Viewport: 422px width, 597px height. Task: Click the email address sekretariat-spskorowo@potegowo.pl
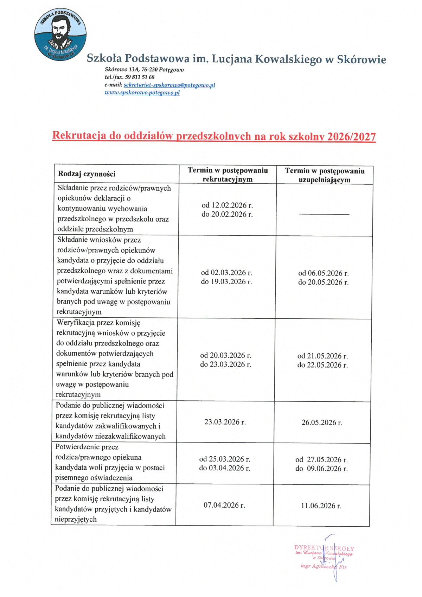169,85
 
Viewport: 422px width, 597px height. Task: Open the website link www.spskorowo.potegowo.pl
142,93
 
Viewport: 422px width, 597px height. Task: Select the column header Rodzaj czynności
87,174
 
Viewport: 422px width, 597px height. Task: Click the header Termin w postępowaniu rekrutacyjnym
228,174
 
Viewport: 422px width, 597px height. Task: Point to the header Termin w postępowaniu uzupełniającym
325,175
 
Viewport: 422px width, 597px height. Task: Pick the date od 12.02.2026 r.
227,205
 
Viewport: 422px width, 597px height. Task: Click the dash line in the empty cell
324,214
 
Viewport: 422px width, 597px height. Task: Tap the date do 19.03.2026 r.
226,282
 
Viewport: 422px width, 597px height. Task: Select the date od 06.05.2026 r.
323,273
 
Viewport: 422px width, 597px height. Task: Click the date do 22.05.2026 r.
322,365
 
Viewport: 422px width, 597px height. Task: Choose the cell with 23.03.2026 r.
225,422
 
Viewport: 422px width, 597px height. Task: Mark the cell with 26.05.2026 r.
322,423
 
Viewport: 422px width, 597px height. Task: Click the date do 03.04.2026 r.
225,468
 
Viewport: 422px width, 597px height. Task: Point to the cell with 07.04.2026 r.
224,505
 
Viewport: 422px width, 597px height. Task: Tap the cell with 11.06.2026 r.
321,506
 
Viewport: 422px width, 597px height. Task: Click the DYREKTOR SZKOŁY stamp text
324,548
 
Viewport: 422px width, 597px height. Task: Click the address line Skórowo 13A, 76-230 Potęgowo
144,70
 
